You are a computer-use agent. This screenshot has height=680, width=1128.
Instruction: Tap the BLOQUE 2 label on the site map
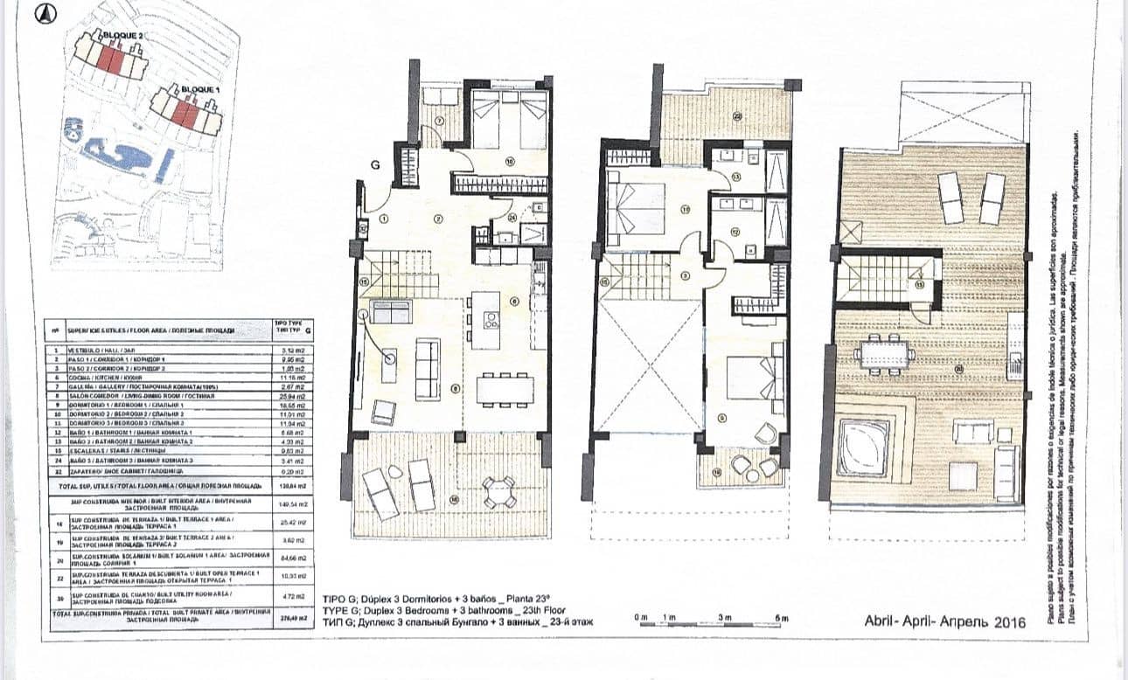pyautogui.click(x=123, y=36)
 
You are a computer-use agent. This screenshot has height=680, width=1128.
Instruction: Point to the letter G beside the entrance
pyautogui.click(x=375, y=163)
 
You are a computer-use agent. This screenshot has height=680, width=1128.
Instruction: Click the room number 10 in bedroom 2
pyautogui.click(x=508, y=161)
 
